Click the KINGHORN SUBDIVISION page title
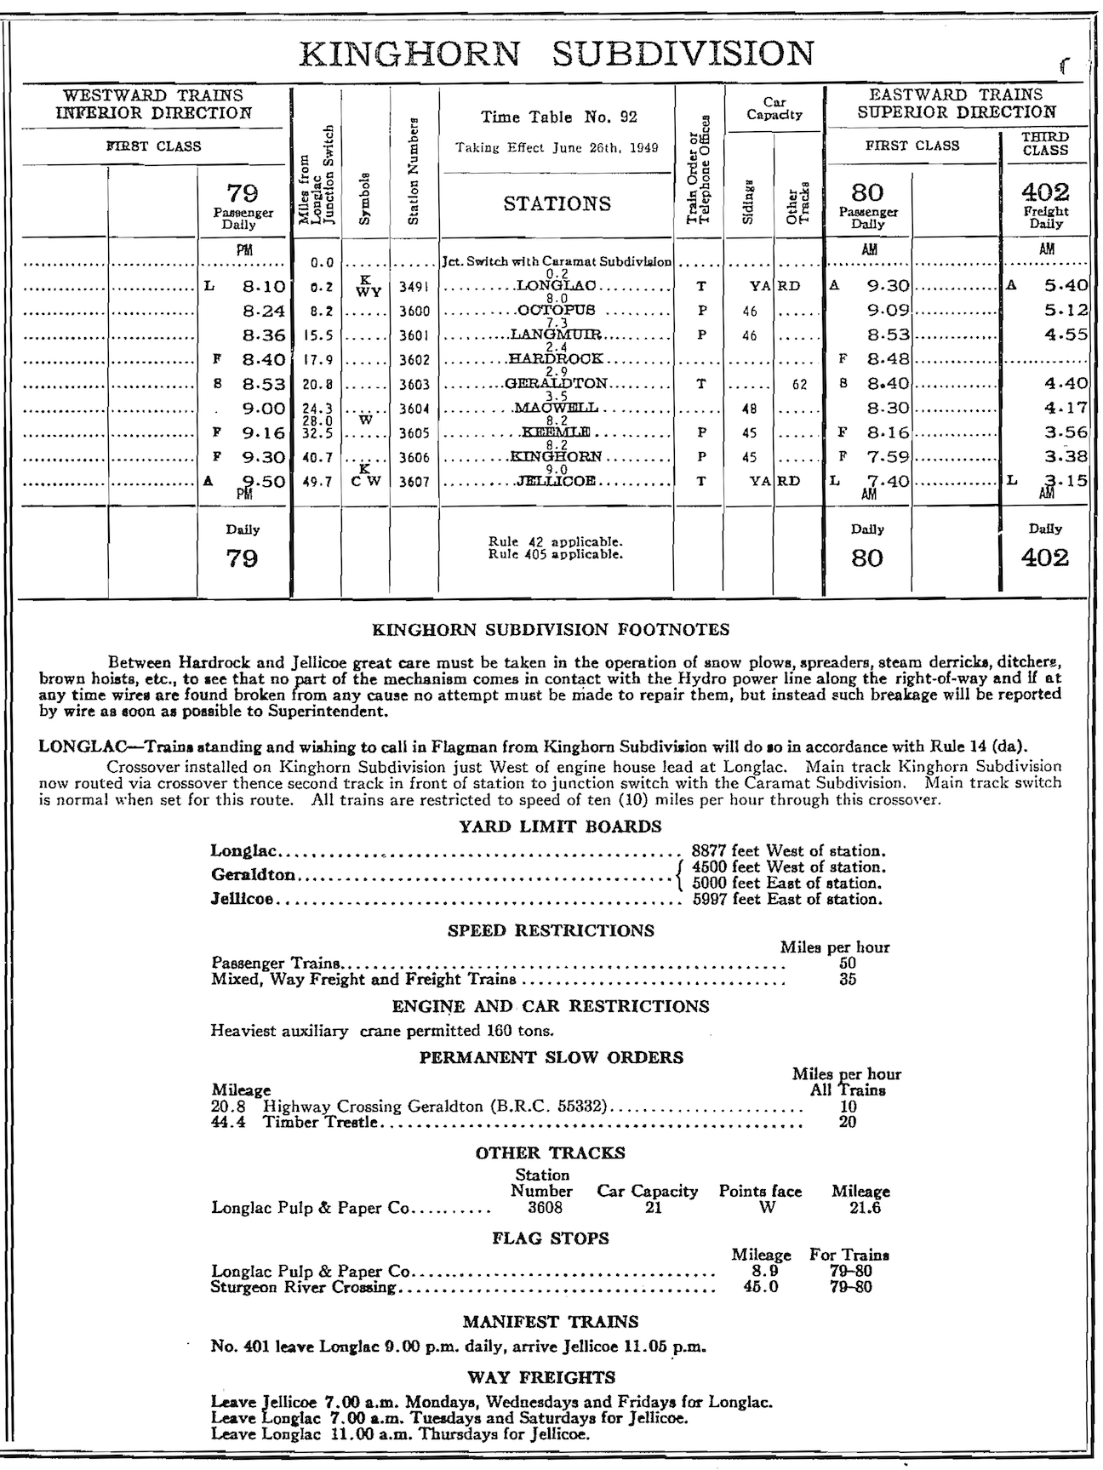(x=557, y=54)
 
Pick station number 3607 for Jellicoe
(x=415, y=482)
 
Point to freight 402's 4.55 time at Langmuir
(x=1066, y=335)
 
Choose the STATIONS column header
(x=557, y=203)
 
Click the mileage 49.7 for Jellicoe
(x=316, y=482)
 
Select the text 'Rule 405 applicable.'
(x=556, y=555)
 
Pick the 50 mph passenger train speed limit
(x=847, y=964)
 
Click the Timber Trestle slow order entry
(x=321, y=1122)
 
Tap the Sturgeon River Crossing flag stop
(x=304, y=1287)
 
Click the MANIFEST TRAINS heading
(x=550, y=1322)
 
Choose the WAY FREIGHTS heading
(x=541, y=1377)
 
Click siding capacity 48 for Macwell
(x=749, y=409)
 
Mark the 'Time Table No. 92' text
(x=558, y=117)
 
